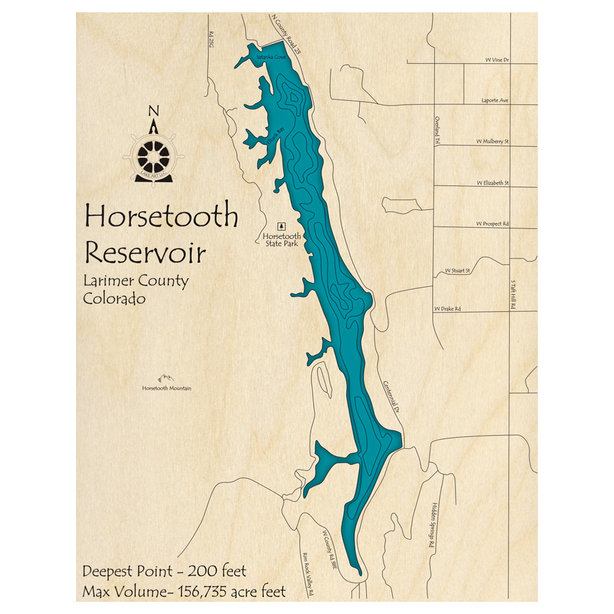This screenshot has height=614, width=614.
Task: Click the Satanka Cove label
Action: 271,57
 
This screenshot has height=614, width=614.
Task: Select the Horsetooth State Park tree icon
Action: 282,226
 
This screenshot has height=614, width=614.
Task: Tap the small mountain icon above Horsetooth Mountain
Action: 166,378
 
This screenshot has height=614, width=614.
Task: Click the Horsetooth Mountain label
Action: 166,388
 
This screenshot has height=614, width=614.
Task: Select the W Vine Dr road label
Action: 497,60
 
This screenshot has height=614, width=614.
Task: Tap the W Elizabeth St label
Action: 492,183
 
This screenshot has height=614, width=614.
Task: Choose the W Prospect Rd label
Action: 492,224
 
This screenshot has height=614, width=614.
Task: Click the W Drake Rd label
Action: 447,308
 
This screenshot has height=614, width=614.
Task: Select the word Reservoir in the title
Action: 146,252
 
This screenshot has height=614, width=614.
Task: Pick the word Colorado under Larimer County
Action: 114,299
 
